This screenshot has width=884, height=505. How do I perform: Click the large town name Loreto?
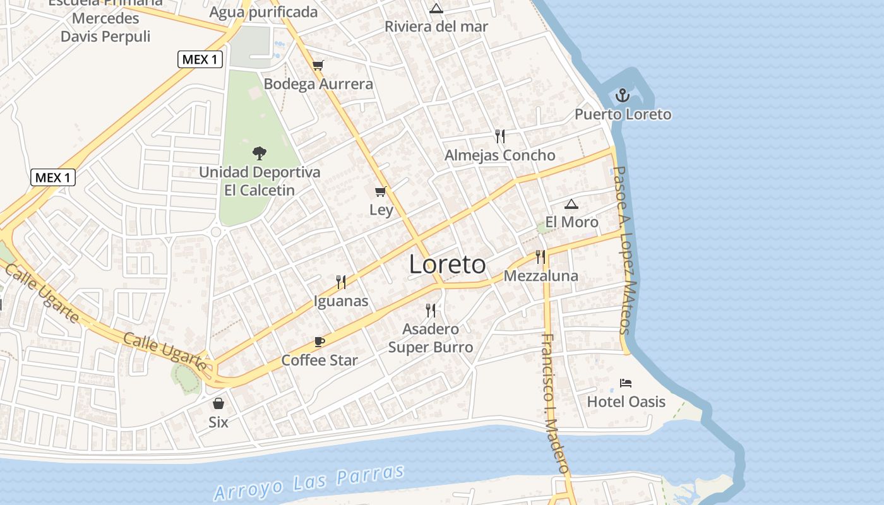pos(447,264)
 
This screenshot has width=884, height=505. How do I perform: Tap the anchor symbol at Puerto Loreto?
pos(623,96)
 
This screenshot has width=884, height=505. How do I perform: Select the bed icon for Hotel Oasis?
pos(626,383)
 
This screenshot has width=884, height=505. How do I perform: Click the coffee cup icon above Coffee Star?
pos(320,342)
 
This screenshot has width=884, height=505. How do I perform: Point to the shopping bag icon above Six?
pos(218,403)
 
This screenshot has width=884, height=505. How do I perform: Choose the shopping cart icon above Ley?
pos(380,191)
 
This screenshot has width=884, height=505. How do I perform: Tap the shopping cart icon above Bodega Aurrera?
pos(318,65)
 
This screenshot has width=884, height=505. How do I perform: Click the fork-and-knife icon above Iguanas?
pos(341,282)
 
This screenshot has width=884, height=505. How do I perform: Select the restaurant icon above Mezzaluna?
pos(541,256)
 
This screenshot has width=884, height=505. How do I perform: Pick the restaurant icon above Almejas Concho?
pos(500,136)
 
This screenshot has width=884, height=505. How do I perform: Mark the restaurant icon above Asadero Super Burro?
pos(431,310)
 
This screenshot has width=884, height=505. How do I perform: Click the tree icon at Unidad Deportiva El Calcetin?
pos(259,153)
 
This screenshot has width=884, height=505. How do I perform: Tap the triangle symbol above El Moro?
pos(571,204)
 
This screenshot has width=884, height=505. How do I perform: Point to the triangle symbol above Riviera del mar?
pos(436,8)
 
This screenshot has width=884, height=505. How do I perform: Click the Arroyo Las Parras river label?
pos(309,484)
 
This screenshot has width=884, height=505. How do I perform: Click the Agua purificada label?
pos(263,12)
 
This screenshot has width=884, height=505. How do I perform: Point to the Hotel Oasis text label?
pos(626,401)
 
